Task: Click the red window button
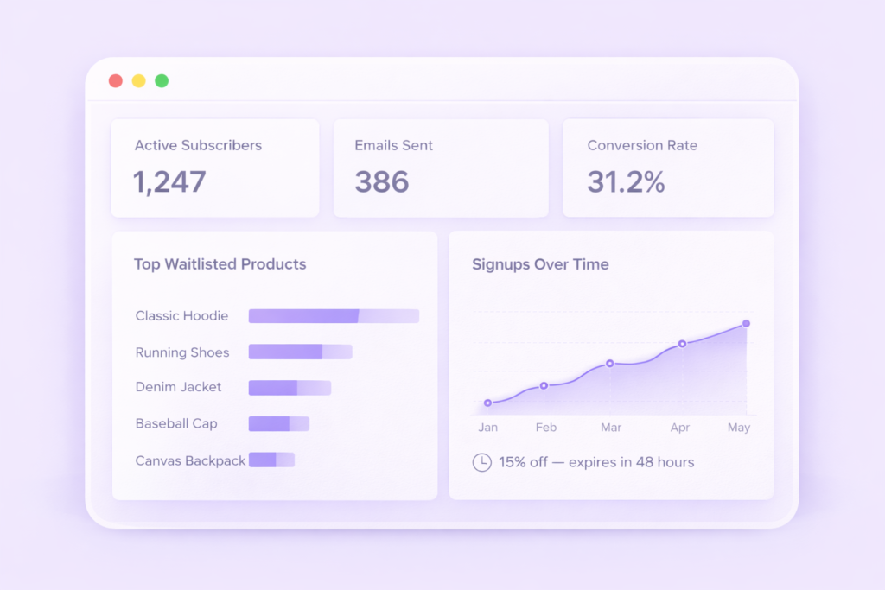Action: tap(115, 81)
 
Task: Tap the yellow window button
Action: tap(138, 81)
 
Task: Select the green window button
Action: tap(162, 81)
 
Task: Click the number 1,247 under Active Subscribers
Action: tap(169, 182)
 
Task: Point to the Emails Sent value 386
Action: tap(382, 182)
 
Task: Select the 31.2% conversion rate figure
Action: tap(626, 182)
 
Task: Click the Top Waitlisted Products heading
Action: tap(220, 264)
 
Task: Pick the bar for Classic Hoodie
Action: tap(334, 316)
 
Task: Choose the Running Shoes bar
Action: tap(300, 352)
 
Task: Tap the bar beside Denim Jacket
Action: tap(290, 388)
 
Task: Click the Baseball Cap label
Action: tap(176, 424)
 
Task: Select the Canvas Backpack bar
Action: tap(271, 460)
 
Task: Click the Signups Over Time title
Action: tap(540, 264)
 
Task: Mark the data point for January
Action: tap(488, 403)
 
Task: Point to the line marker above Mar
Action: tap(610, 364)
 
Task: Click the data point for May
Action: tap(746, 324)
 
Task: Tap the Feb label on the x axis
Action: tap(545, 428)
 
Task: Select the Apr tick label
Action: tap(680, 428)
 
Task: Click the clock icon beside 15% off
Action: tap(481, 462)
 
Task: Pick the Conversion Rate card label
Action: tap(642, 146)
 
